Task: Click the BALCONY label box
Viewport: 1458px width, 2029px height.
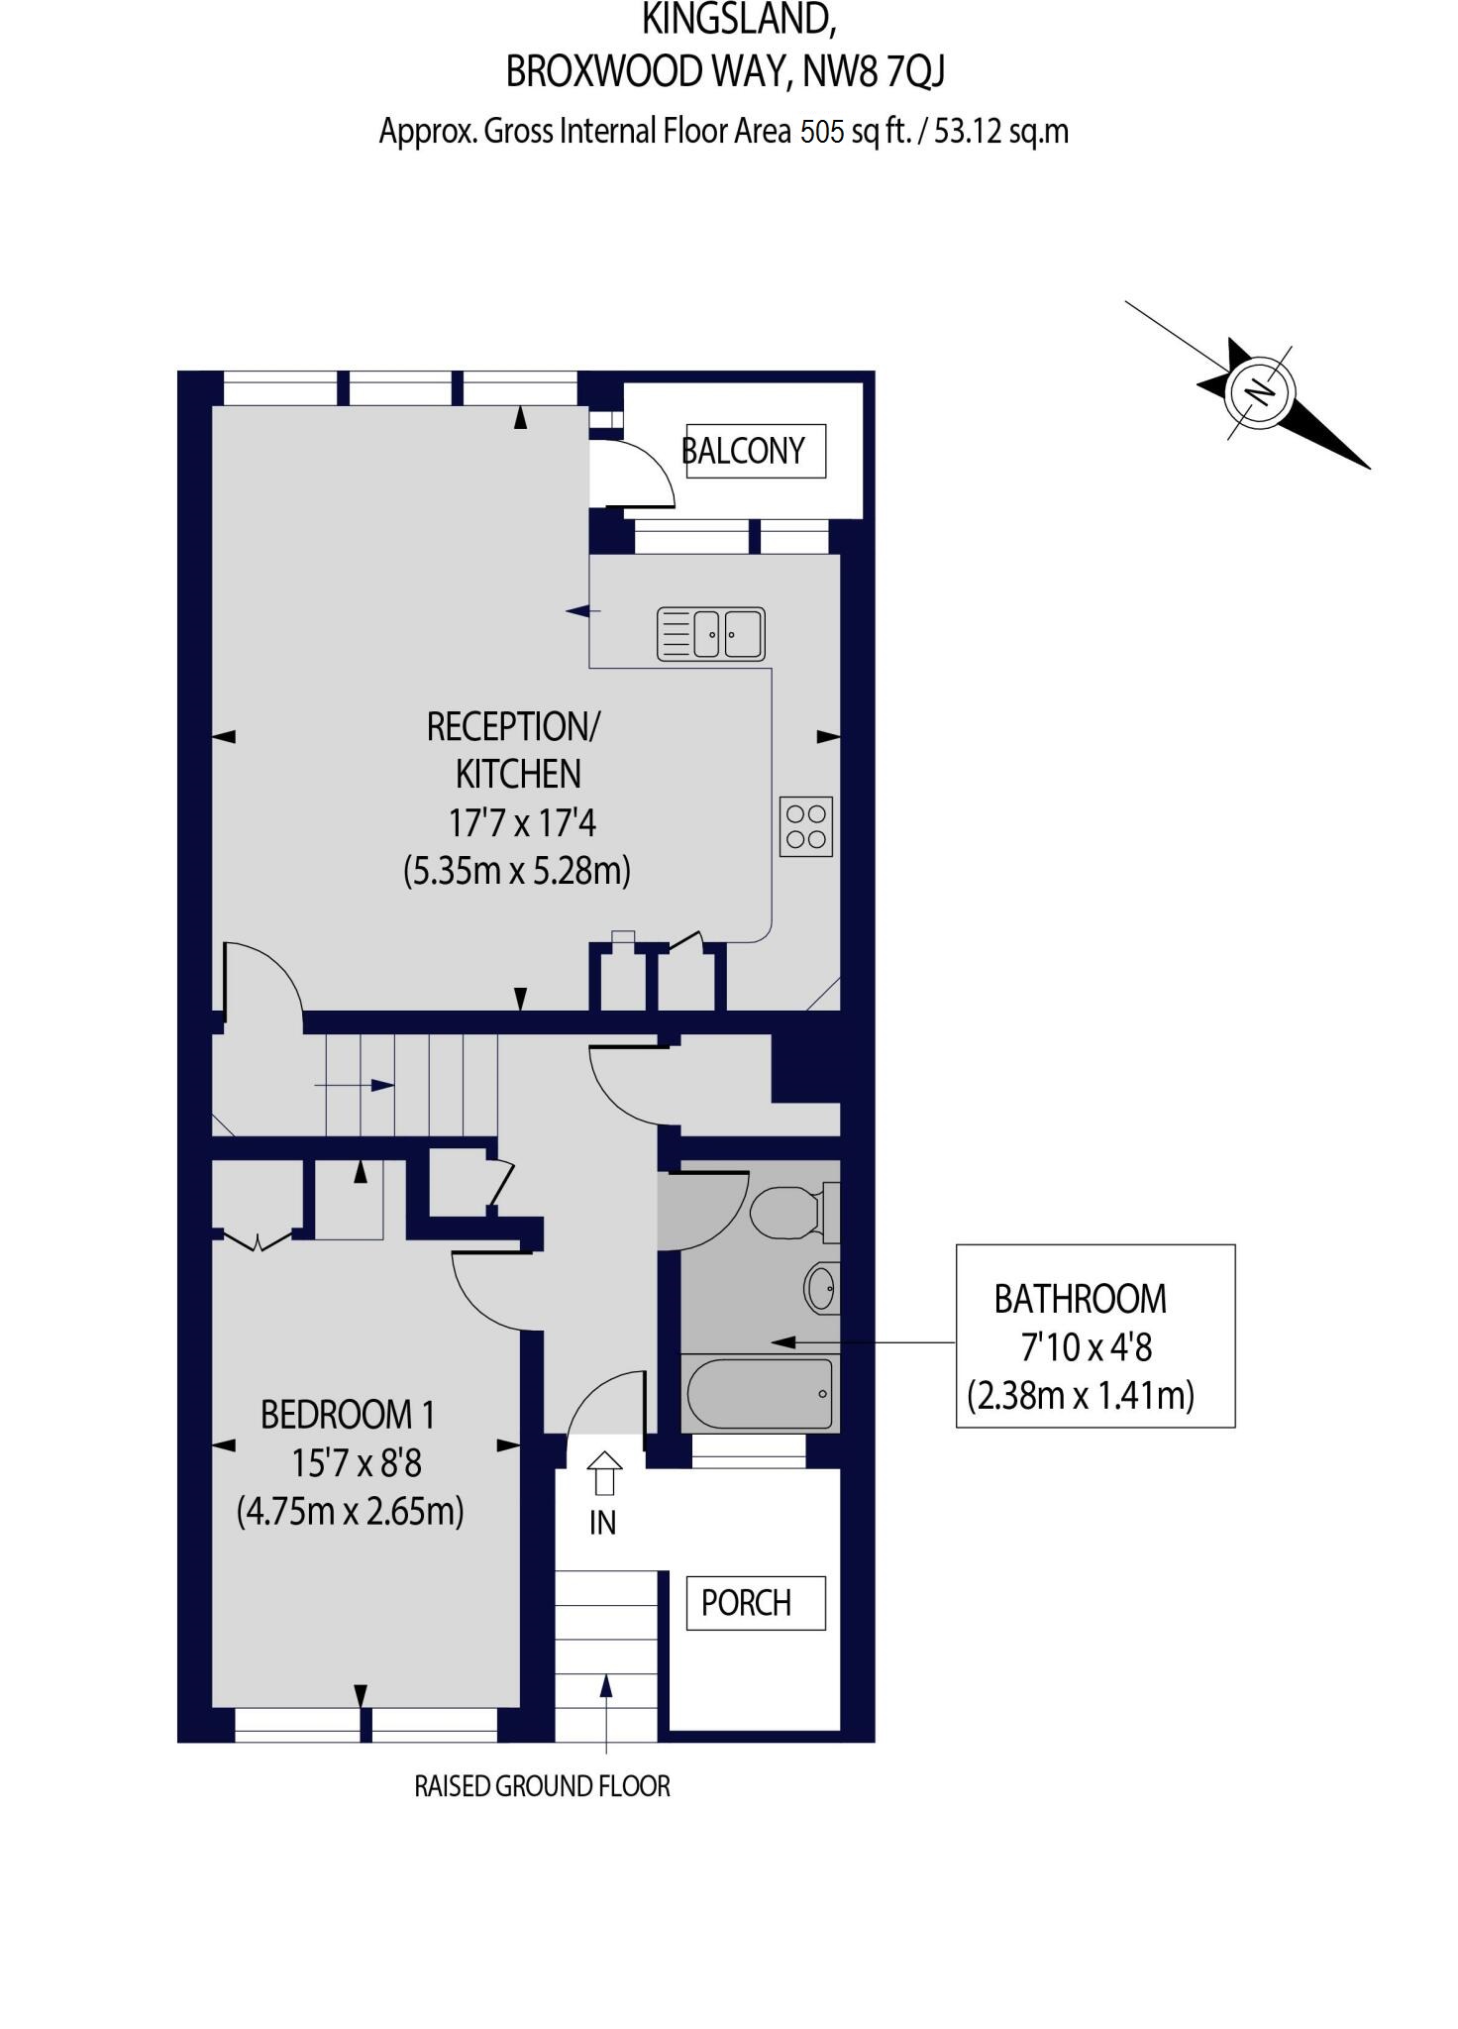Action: click(x=756, y=451)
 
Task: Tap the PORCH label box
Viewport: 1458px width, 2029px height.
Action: click(x=756, y=1603)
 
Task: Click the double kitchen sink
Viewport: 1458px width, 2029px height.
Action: click(x=711, y=634)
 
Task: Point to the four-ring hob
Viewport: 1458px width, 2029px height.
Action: click(x=806, y=826)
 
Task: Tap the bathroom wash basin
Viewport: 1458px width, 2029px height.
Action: click(x=821, y=1288)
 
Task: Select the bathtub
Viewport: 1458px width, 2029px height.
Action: click(x=760, y=1394)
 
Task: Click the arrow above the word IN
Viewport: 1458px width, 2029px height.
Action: click(x=604, y=1473)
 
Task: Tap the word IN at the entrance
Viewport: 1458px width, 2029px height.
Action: click(x=602, y=1523)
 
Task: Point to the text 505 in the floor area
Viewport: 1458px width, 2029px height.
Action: click(x=822, y=131)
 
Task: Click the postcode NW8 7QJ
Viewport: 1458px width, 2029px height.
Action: click(x=874, y=71)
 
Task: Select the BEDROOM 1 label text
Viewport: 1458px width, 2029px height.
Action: click(x=348, y=1415)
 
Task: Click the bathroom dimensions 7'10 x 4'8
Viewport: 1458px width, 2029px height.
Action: click(x=1087, y=1347)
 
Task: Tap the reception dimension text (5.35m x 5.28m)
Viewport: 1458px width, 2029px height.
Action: click(x=517, y=871)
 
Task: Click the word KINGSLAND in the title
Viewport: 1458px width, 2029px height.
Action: click(x=738, y=19)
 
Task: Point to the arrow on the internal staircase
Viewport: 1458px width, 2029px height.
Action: click(x=355, y=1086)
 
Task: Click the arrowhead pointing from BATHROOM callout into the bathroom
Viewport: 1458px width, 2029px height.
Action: click(x=783, y=1342)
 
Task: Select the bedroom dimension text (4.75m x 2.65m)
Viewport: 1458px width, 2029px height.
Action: click(x=351, y=1512)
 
